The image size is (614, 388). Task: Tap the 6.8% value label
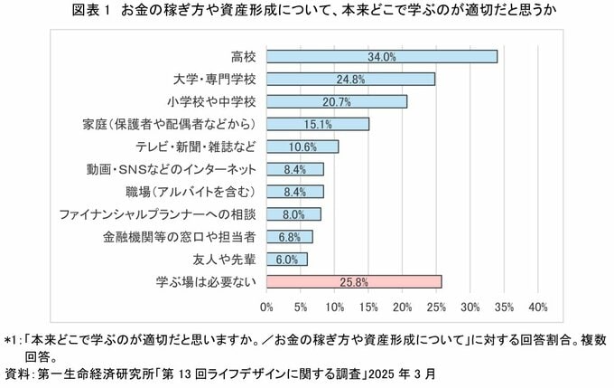[x=290, y=237]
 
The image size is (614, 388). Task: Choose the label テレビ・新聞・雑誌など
[x=194, y=147]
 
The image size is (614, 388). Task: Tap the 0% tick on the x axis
[x=266, y=307]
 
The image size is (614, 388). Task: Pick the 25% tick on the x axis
[x=436, y=307]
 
